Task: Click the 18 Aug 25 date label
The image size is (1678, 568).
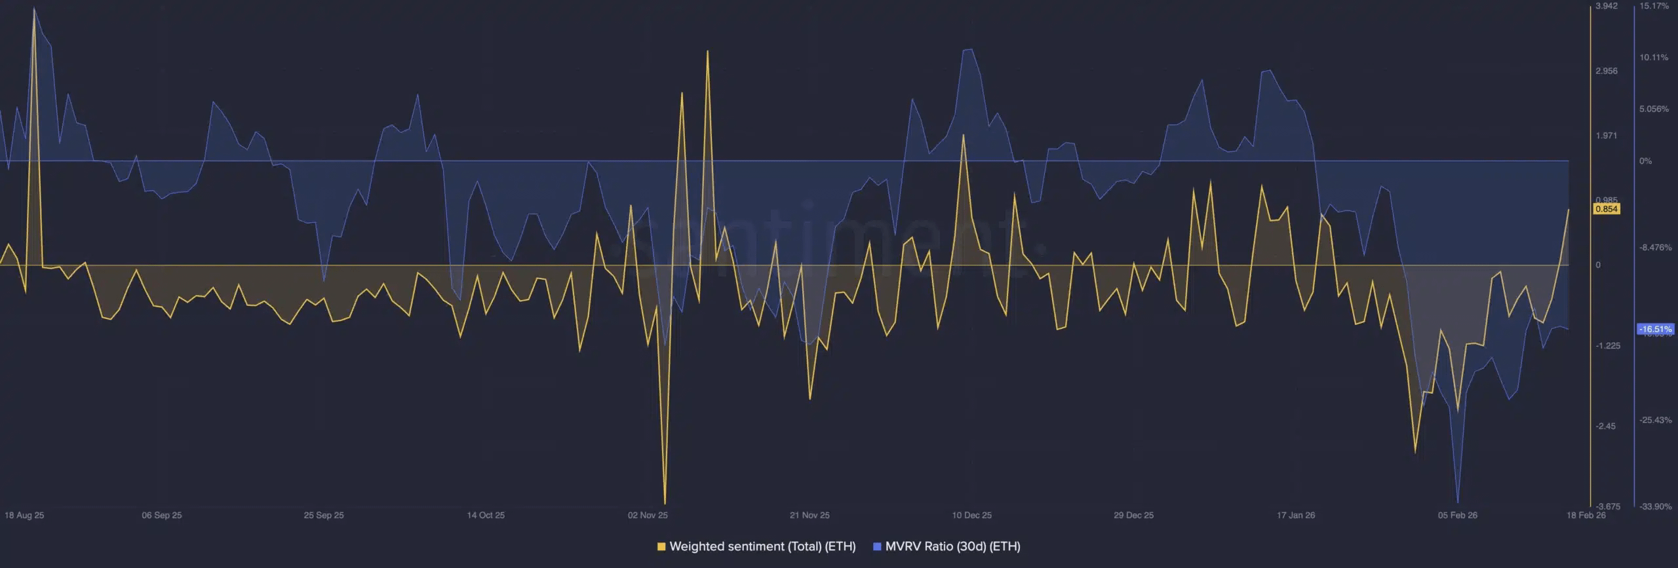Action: (x=24, y=515)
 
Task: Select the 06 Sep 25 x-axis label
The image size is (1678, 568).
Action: (x=162, y=515)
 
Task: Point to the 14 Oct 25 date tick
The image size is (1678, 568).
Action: (x=486, y=515)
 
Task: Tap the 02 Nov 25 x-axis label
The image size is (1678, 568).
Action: (x=648, y=515)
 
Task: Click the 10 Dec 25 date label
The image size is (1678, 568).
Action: (x=971, y=515)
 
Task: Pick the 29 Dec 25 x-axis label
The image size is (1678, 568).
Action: (x=1133, y=515)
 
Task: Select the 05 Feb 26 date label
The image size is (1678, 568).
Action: (x=1457, y=515)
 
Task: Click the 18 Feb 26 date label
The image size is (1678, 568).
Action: (x=1586, y=515)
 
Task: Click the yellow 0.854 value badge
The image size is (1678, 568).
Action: (x=1607, y=209)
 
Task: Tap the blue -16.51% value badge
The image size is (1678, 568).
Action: (x=1655, y=330)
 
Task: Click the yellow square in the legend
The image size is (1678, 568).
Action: (x=661, y=546)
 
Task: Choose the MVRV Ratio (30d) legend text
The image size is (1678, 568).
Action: (x=952, y=546)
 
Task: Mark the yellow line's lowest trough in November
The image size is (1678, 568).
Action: (x=665, y=503)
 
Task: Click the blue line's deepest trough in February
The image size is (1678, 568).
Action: (x=1457, y=502)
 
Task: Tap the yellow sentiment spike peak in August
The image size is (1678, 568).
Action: (x=34, y=9)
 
